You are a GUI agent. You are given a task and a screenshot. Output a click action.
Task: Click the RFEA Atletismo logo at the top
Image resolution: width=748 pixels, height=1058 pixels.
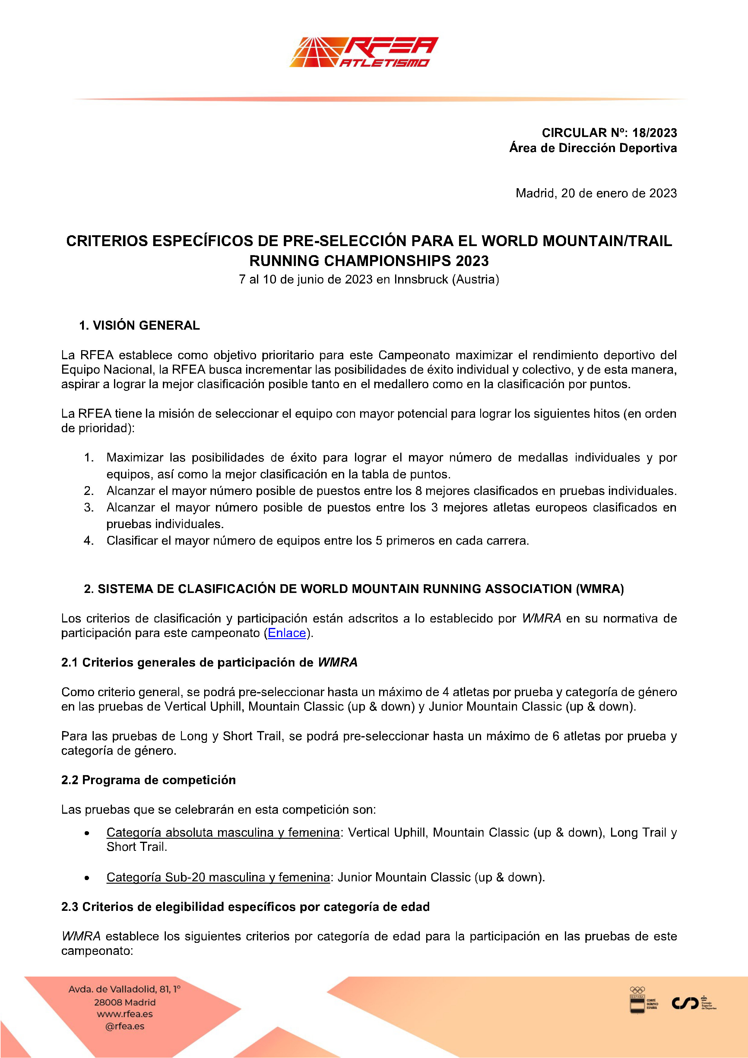click(364, 52)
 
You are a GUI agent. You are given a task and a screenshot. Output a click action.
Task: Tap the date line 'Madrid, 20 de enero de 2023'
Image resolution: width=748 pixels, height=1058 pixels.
click(596, 193)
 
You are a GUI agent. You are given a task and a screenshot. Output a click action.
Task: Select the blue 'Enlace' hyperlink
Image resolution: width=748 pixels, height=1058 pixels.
click(287, 633)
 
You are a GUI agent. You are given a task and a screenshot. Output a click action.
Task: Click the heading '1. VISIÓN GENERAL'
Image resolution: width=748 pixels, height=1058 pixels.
click(139, 325)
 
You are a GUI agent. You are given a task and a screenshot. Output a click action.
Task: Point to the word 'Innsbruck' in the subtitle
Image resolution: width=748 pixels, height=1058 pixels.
click(421, 280)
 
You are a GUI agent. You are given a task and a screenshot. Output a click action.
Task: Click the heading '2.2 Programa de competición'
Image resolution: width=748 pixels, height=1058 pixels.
click(148, 780)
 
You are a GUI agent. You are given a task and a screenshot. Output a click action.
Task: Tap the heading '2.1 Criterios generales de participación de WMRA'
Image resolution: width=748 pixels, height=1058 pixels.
click(209, 662)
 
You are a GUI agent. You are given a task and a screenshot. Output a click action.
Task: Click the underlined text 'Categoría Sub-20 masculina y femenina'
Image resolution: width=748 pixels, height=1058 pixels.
click(218, 877)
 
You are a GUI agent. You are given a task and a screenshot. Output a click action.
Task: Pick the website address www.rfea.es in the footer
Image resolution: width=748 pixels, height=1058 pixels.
click(125, 1014)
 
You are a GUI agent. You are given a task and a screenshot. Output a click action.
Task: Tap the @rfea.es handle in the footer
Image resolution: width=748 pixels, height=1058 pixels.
click(125, 1026)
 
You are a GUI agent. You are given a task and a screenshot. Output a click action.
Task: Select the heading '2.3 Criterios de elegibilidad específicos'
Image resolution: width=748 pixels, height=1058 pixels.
click(245, 907)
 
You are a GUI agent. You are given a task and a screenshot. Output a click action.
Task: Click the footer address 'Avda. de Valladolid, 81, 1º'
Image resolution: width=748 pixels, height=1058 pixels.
click(125, 989)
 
